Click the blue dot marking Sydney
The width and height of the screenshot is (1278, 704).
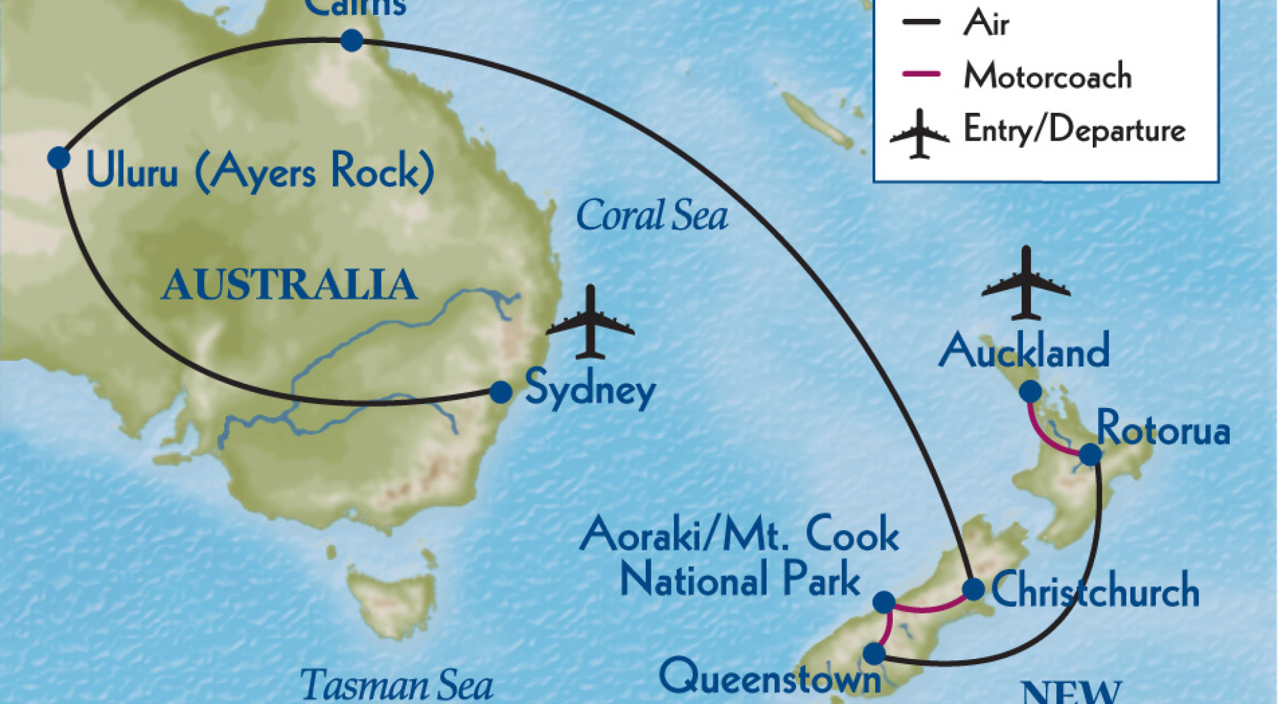501,392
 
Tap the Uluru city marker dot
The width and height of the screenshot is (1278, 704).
59,157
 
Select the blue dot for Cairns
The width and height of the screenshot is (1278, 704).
352,40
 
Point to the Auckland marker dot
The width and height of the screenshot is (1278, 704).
1030,391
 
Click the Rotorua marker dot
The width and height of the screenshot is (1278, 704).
1090,454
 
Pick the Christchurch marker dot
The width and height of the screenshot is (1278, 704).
973,589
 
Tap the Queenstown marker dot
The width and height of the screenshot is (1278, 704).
874,653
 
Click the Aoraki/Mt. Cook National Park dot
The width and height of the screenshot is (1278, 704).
884,602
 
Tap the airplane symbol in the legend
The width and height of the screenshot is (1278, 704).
919,134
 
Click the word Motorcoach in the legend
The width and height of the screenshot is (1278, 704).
1047,76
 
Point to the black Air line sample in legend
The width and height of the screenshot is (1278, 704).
921,22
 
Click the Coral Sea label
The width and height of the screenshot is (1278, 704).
651,216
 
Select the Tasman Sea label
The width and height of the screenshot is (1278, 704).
396,685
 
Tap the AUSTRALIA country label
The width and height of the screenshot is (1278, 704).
290,285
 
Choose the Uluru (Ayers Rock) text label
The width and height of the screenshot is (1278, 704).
260,171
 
